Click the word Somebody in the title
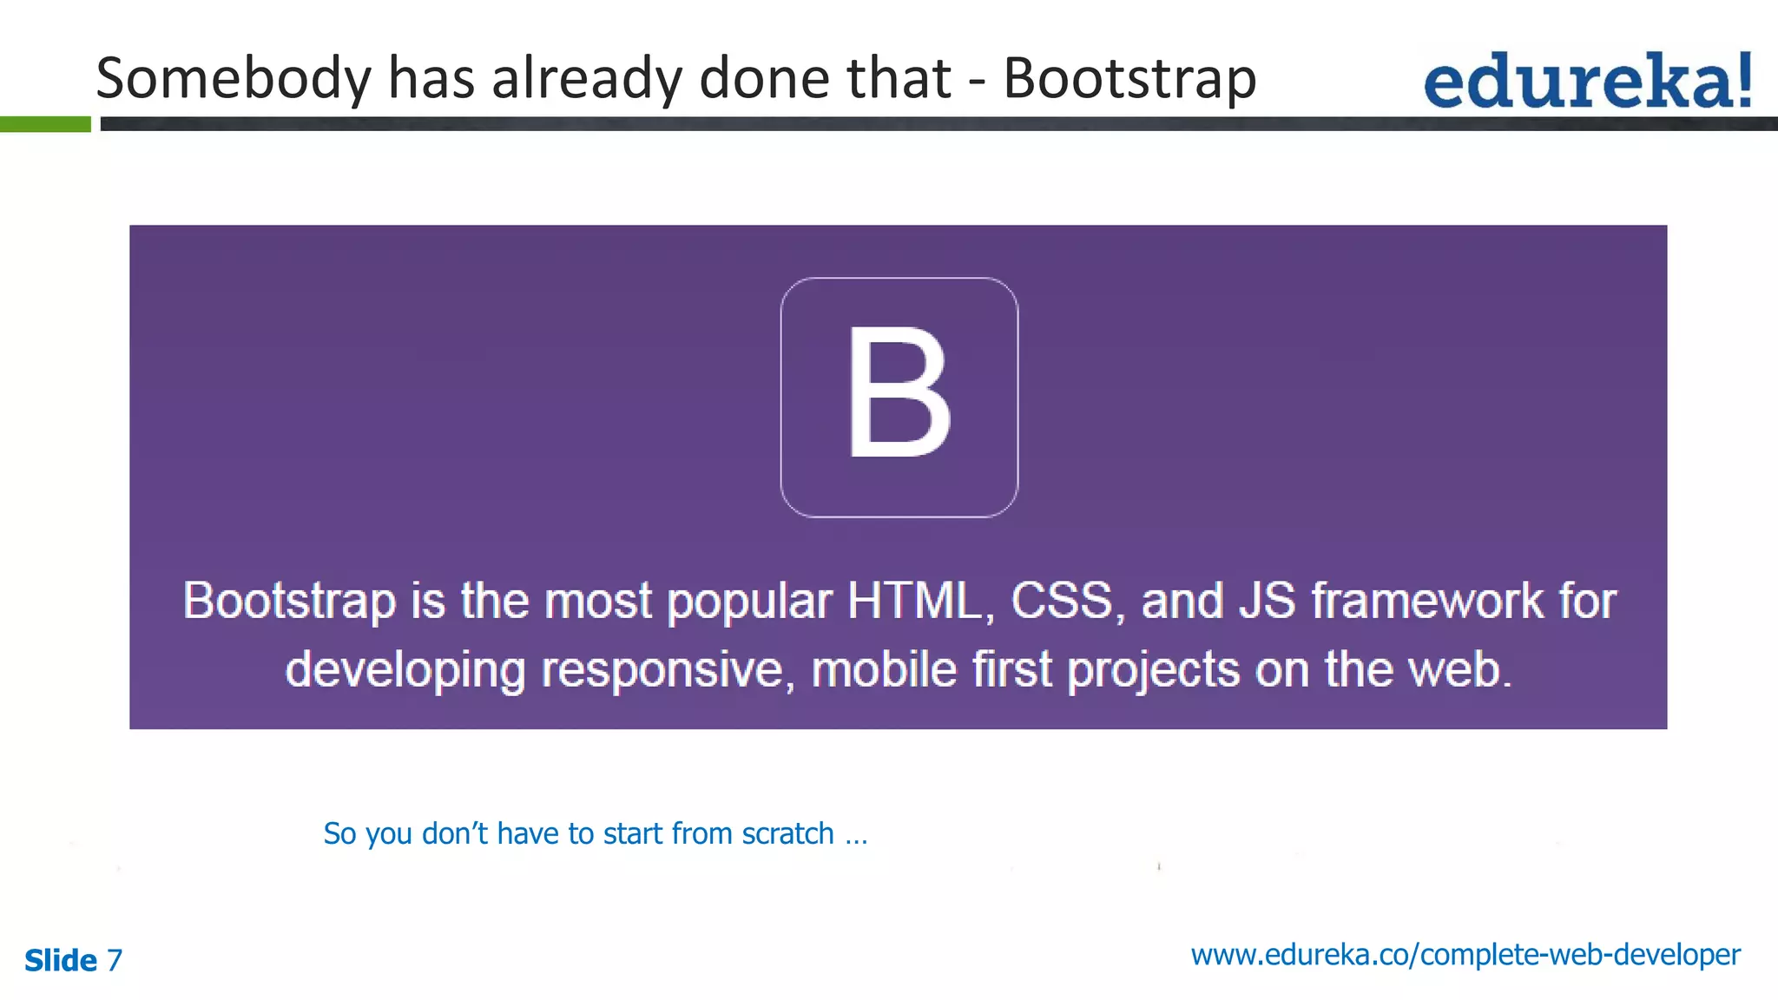coord(234,79)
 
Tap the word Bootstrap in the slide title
coord(1129,79)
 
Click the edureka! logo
coord(1587,81)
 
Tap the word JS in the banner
coord(1267,600)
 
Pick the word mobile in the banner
coord(883,669)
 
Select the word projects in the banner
coord(1153,671)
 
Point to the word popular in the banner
coord(749,602)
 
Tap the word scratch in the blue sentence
coord(787,833)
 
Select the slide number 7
coord(115,960)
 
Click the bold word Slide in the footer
coord(61,960)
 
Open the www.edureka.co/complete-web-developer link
coord(1465,955)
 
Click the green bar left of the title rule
coord(45,124)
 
